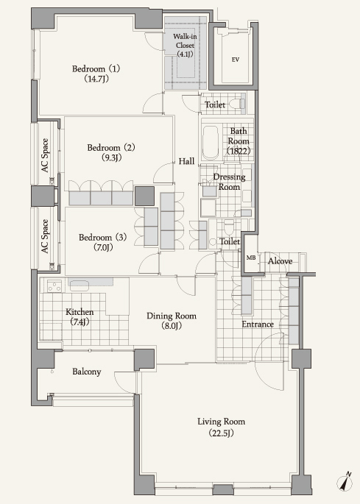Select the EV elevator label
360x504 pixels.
click(x=236, y=60)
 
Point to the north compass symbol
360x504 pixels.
click(x=345, y=482)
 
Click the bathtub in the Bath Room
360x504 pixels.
click(x=211, y=143)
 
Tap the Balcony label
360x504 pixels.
click(x=87, y=372)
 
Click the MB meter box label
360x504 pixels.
click(x=251, y=258)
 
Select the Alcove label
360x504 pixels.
click(x=280, y=261)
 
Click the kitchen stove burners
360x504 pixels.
click(x=54, y=285)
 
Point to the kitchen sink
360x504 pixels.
click(x=80, y=285)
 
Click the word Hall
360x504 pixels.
click(x=186, y=161)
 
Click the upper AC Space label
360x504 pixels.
click(x=45, y=155)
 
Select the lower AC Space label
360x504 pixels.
click(x=45, y=236)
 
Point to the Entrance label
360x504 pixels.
click(x=258, y=324)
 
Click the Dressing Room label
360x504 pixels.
click(x=230, y=182)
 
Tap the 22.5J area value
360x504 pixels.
click(x=222, y=433)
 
